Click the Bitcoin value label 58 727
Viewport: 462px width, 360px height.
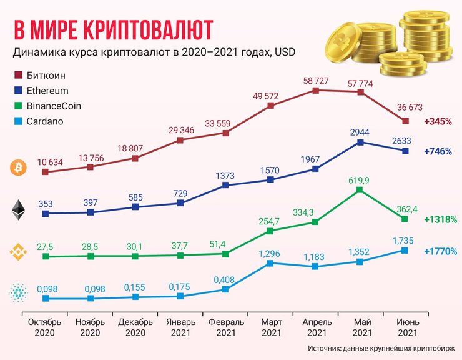pyautogui.click(x=315, y=81)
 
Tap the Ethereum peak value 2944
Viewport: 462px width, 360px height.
pyautogui.click(x=360, y=132)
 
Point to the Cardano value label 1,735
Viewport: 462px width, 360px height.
pyautogui.click(x=405, y=240)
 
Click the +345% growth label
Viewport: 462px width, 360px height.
pyautogui.click(x=437, y=121)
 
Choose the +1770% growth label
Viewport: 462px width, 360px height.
pyautogui.click(x=440, y=251)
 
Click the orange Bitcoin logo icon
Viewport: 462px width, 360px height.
pyautogui.click(x=17, y=167)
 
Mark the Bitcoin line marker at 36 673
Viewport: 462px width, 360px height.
pyautogui.click(x=405, y=121)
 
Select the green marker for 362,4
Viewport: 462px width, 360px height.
pyautogui.click(x=405, y=219)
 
